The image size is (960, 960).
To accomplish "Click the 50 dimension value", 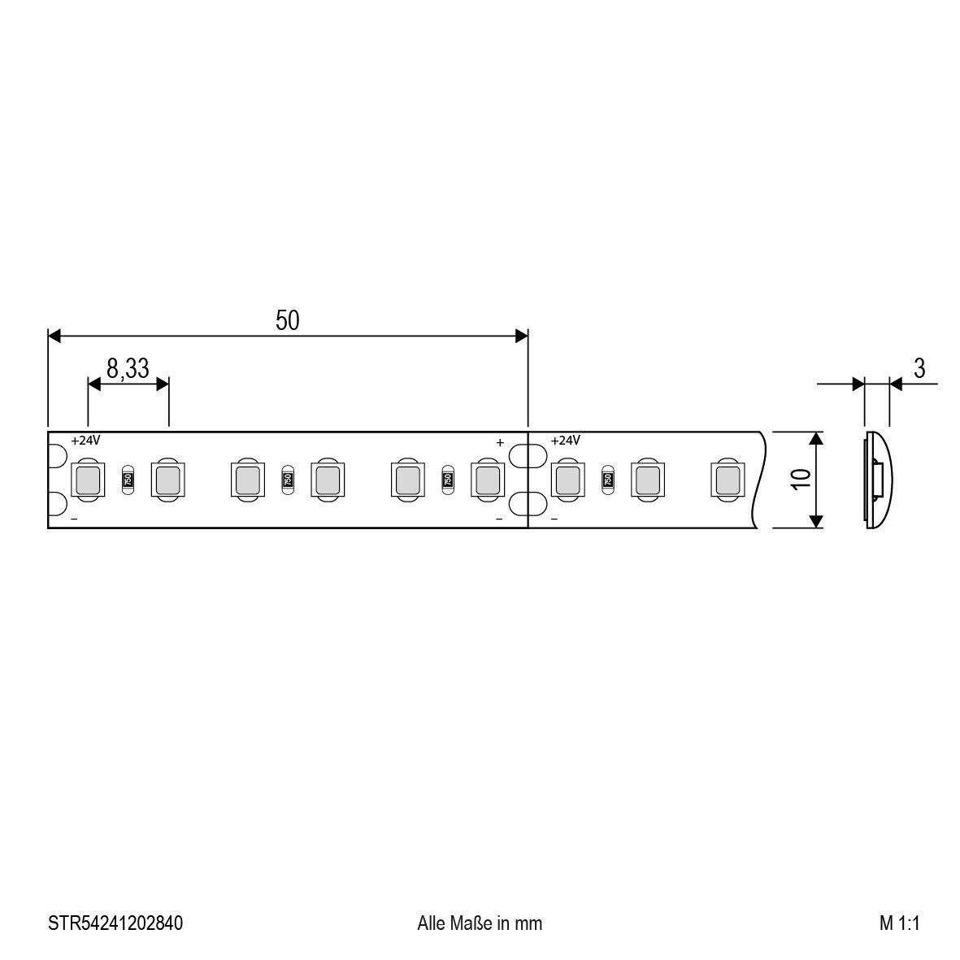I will tap(287, 321).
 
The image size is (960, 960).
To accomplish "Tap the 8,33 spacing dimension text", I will tap(128, 369).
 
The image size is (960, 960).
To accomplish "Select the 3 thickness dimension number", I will tap(919, 369).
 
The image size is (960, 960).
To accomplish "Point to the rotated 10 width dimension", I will tap(802, 480).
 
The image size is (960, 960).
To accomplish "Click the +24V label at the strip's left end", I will tap(85, 441).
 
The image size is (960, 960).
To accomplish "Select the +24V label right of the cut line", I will tap(566, 441).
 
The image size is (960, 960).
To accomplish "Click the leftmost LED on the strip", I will tap(87, 479).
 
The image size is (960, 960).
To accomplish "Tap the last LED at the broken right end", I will tap(726, 479).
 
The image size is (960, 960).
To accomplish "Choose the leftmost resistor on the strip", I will tap(127, 479).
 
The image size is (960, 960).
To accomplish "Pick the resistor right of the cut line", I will tap(607, 479).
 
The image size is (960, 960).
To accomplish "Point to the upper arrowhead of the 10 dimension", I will tap(818, 439).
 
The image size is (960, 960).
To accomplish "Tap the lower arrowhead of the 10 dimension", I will tap(818, 521).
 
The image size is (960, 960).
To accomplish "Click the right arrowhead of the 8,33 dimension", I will tap(163, 384).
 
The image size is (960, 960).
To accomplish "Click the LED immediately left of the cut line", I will tap(487, 479).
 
